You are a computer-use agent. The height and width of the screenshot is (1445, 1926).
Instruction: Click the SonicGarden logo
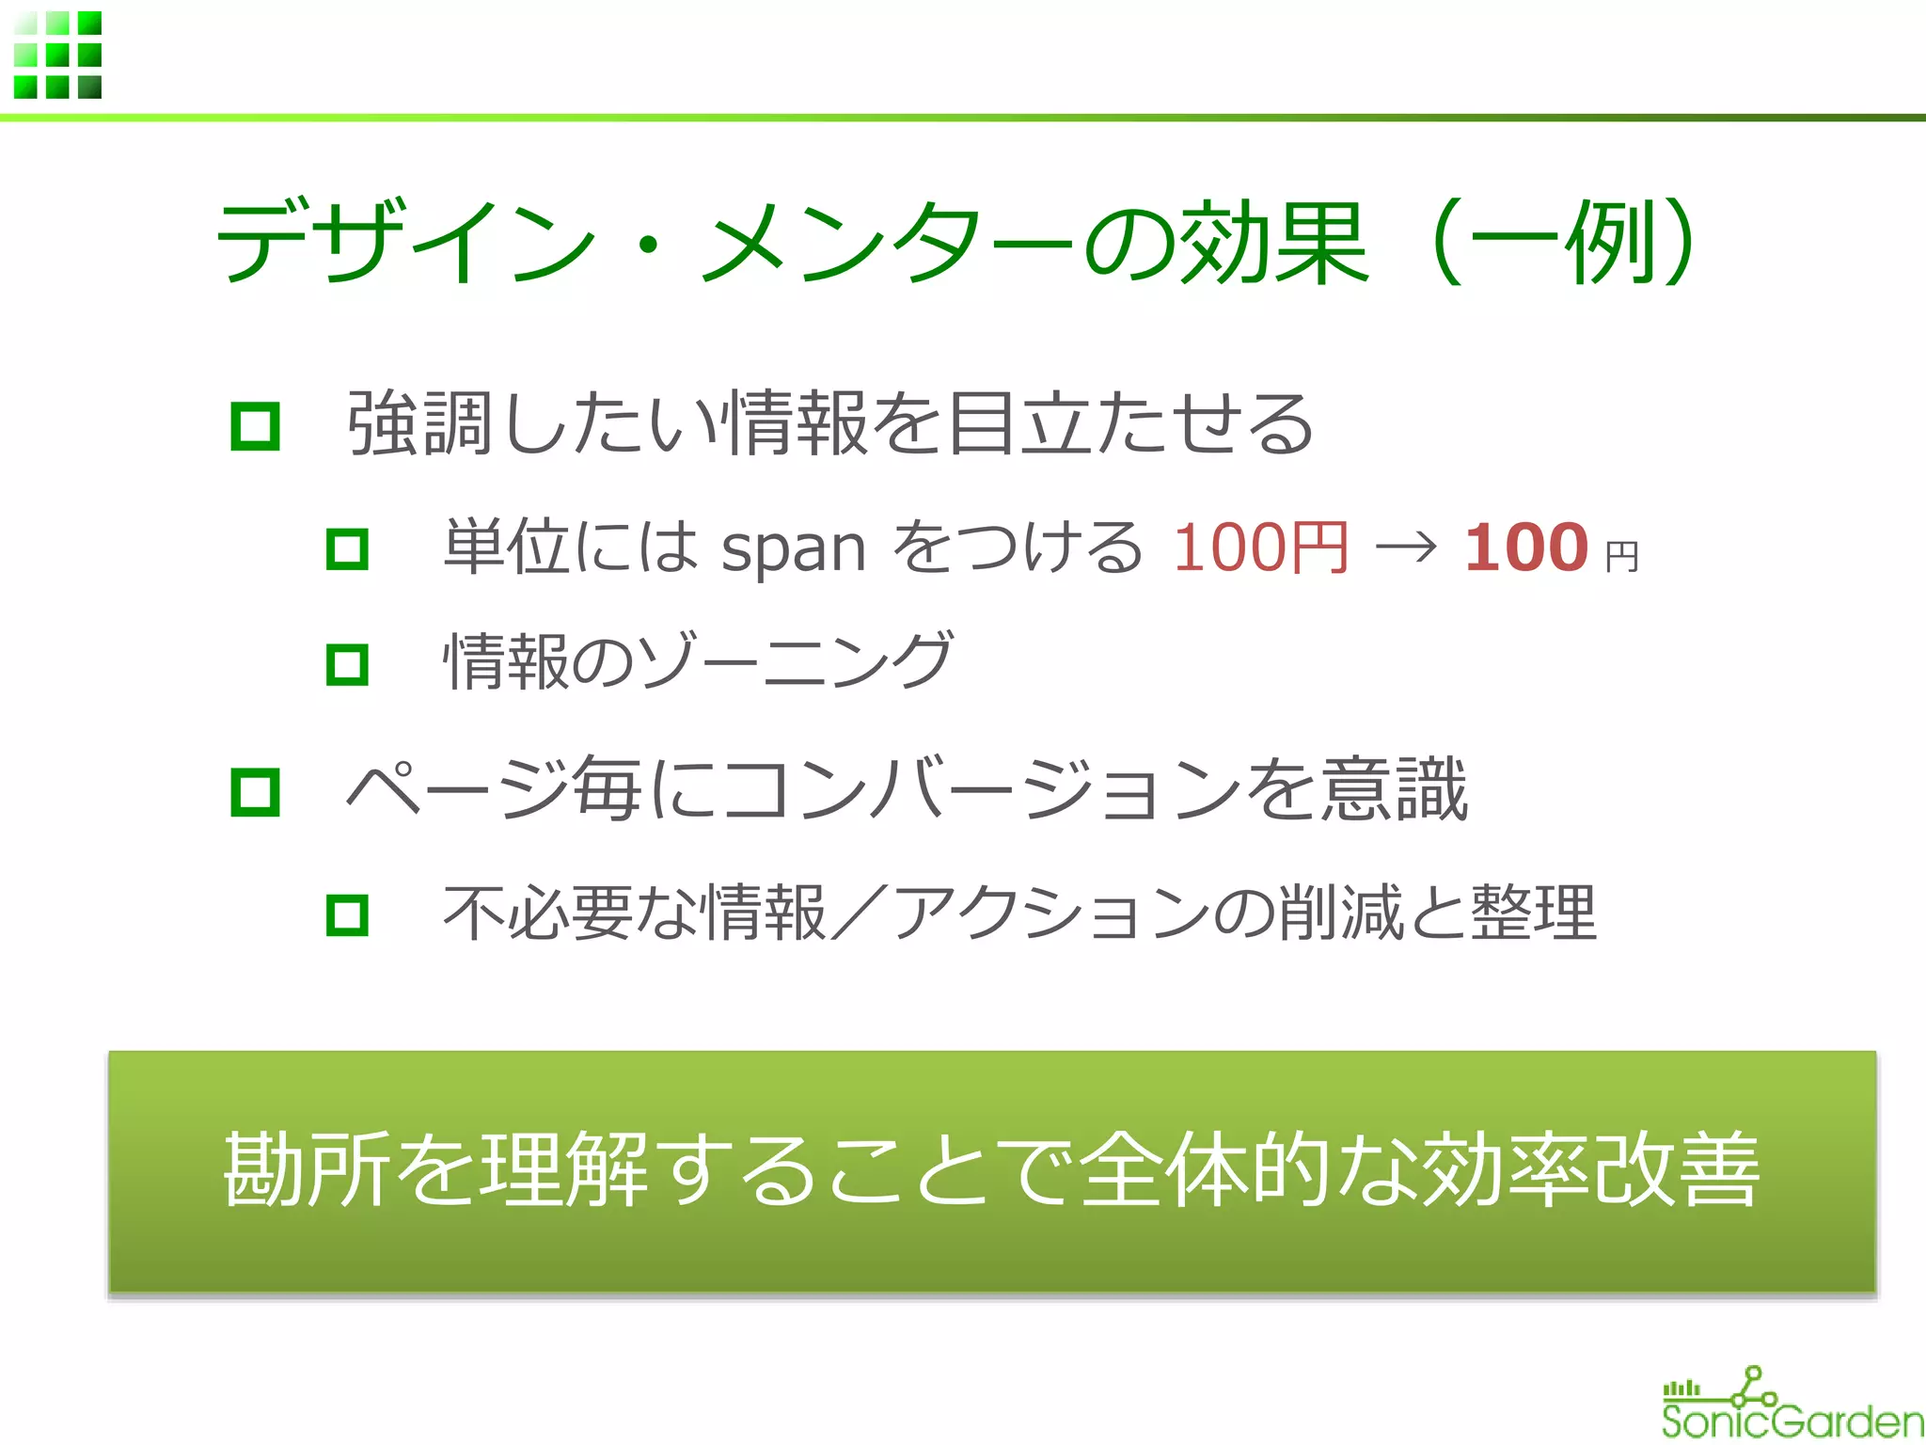pos(1791,1405)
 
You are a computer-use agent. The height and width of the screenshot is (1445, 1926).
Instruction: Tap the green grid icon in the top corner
pos(57,55)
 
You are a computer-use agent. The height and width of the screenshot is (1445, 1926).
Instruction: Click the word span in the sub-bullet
pos(793,548)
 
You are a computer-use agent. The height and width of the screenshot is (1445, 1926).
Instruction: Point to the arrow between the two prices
pos(1405,547)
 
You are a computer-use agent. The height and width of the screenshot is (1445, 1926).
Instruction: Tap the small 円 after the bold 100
pos(1621,557)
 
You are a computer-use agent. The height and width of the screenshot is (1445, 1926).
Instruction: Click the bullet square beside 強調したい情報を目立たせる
pos(255,426)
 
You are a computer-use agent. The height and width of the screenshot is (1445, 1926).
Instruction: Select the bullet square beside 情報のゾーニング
pos(347,664)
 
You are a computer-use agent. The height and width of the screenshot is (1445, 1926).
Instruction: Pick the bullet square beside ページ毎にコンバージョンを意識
pos(255,791)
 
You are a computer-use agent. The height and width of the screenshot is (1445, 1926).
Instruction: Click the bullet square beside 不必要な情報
pos(347,914)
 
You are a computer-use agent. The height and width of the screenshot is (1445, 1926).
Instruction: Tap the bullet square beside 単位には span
pos(347,548)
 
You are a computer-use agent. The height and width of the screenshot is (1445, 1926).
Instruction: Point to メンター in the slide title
pos(888,241)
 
